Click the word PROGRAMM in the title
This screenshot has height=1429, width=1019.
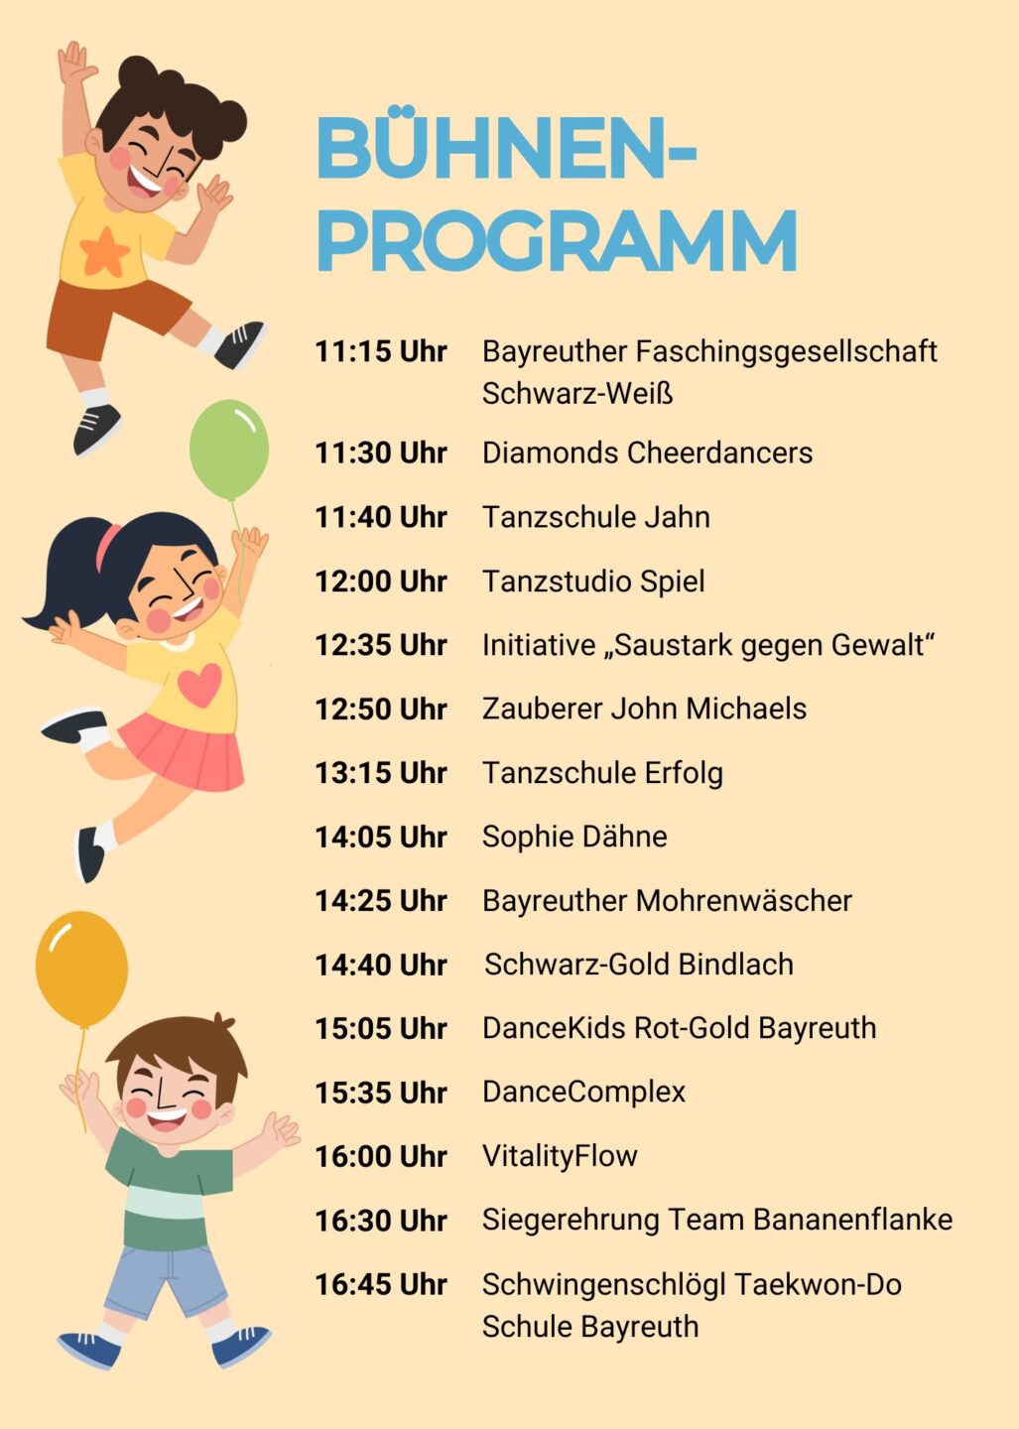pos(557,240)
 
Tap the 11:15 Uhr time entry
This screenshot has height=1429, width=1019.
pos(381,351)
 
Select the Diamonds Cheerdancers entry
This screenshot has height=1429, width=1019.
pos(647,453)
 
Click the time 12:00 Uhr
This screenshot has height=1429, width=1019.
pos(381,582)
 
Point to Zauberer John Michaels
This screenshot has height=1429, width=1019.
pos(644,709)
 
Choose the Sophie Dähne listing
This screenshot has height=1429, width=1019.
pos(574,837)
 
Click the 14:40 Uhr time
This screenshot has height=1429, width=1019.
pos(381,965)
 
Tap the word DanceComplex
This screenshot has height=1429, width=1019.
pos(583,1093)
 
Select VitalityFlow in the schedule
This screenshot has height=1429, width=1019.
pos(560,1156)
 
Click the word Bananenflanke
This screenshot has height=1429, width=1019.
pos(852,1220)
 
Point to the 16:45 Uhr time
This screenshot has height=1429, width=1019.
pos(381,1284)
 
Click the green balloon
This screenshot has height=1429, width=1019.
pos(229,450)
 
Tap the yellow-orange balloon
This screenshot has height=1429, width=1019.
pos(81,970)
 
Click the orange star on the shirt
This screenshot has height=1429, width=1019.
pos(104,253)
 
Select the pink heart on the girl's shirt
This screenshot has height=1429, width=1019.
pos(199,684)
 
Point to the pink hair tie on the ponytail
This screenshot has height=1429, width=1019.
pos(108,546)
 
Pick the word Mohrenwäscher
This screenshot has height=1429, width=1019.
pos(743,901)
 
